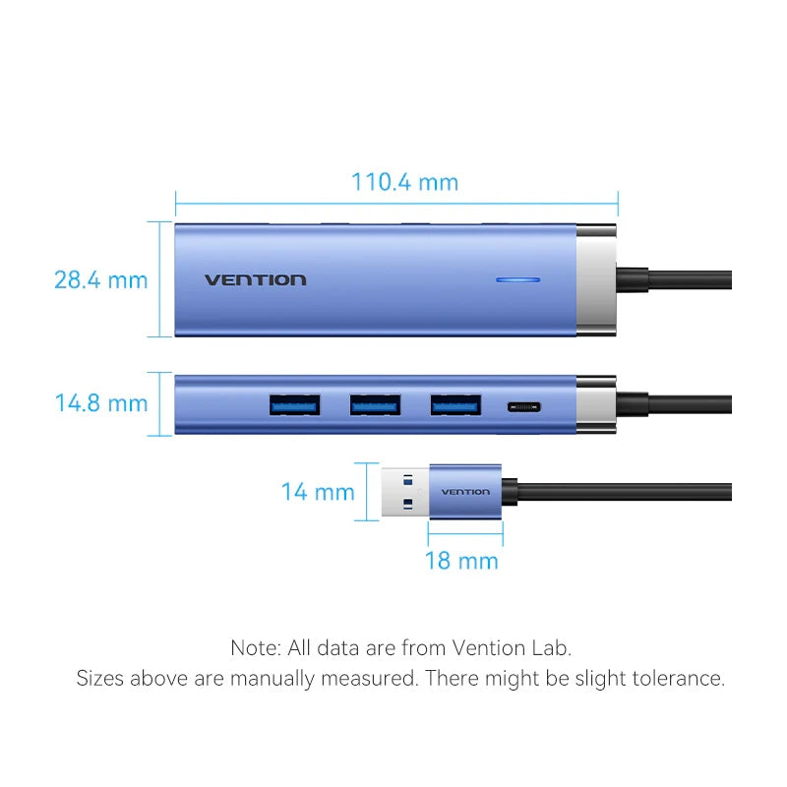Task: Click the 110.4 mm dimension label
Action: [x=404, y=182]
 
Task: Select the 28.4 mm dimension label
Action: [x=100, y=279]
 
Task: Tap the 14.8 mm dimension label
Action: [x=100, y=403]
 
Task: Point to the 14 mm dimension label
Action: [x=317, y=492]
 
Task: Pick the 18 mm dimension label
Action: [x=461, y=561]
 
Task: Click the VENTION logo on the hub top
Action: [x=255, y=280]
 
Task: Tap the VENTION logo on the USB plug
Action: [x=465, y=492]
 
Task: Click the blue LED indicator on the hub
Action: [x=518, y=280]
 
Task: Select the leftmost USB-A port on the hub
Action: [x=294, y=404]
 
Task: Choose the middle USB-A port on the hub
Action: [x=375, y=404]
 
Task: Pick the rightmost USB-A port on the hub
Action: [x=455, y=404]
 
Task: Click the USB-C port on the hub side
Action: [x=521, y=405]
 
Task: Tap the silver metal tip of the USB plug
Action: [x=404, y=492]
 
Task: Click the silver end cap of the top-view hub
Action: [x=596, y=279]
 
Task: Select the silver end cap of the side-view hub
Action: [x=596, y=404]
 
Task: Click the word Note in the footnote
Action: [x=255, y=647]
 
